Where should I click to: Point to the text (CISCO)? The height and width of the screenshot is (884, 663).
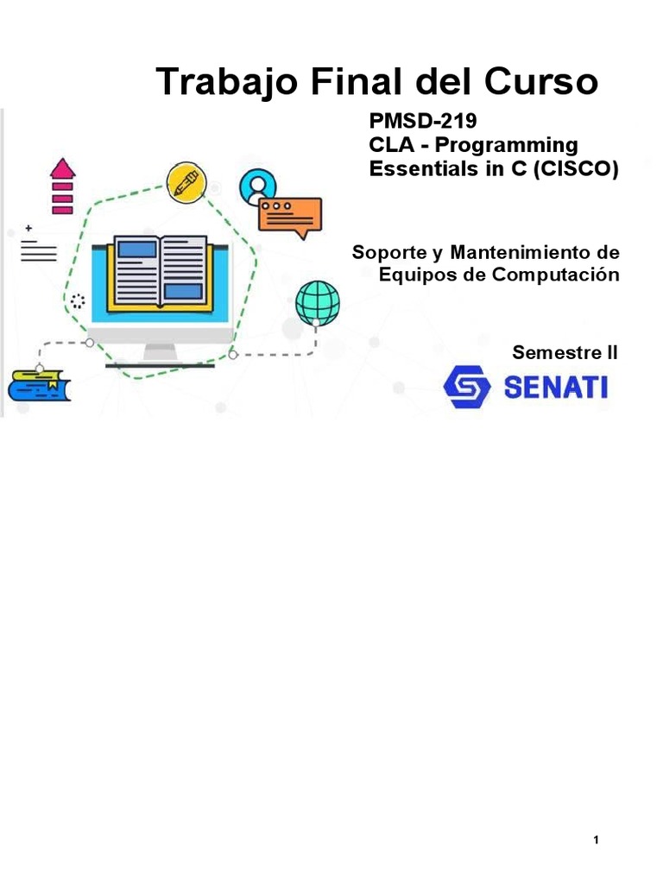(576, 169)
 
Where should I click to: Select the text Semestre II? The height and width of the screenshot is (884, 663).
(565, 352)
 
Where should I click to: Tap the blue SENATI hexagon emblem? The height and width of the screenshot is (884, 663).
(467, 387)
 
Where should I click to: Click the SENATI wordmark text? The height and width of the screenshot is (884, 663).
(555, 388)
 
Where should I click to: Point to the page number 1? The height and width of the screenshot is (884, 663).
(597, 840)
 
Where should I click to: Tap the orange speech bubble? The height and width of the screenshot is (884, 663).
(290, 215)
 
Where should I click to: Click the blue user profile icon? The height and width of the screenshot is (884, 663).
(258, 185)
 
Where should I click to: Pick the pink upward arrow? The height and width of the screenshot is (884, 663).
(63, 186)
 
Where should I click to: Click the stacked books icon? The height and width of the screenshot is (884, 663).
(38, 385)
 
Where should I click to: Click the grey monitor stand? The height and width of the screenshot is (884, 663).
(161, 352)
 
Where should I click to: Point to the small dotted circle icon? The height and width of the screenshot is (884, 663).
(79, 301)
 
